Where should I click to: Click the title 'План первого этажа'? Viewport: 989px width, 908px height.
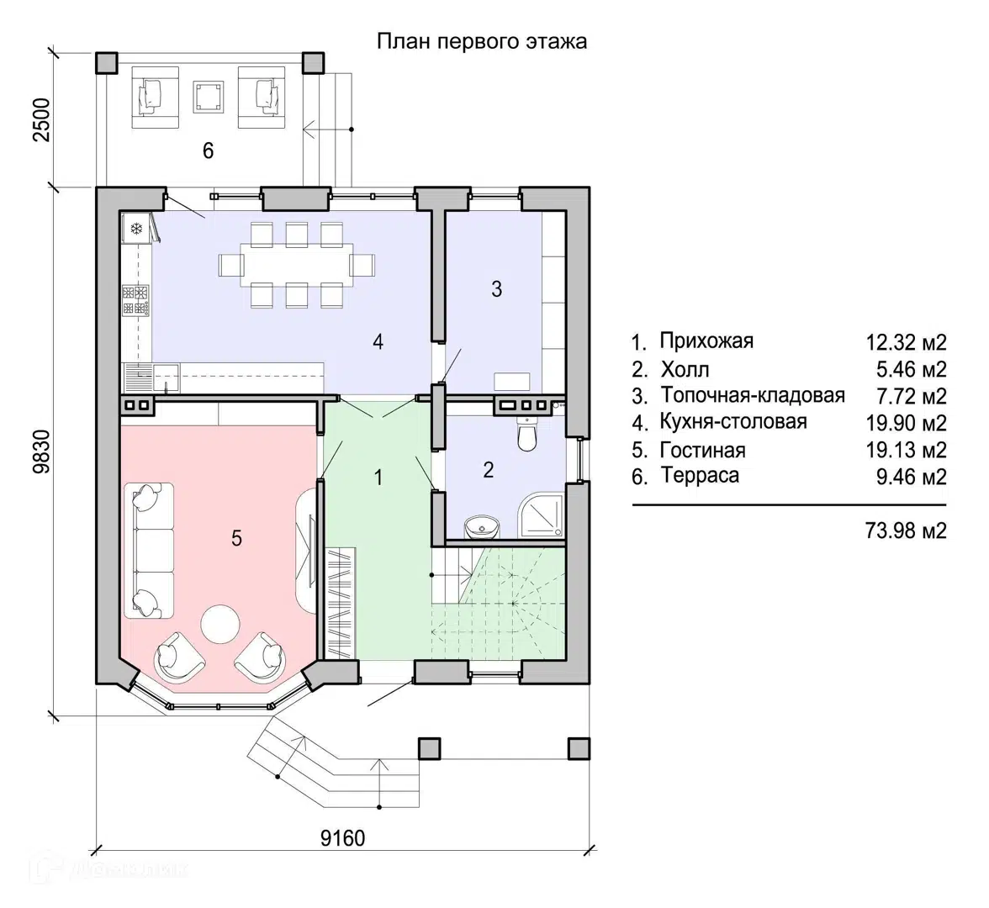tap(482, 42)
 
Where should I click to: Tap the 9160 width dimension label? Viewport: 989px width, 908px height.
tap(342, 838)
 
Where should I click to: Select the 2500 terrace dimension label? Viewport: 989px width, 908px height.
tap(42, 119)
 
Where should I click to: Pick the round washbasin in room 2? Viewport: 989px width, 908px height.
tap(482, 527)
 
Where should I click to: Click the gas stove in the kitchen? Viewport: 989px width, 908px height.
tap(136, 300)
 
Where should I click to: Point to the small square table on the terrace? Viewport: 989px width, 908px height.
tap(209, 98)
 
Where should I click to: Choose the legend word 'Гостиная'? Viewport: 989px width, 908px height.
tap(703, 451)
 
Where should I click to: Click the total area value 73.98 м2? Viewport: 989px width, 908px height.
tap(906, 531)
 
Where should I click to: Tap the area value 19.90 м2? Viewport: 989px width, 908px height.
tap(906, 423)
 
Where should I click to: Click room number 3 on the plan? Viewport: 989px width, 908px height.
tap(496, 289)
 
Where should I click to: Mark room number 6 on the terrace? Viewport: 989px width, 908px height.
tap(209, 150)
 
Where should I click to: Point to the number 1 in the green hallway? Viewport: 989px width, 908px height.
tap(378, 478)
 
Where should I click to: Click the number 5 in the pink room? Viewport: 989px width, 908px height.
tap(236, 538)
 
